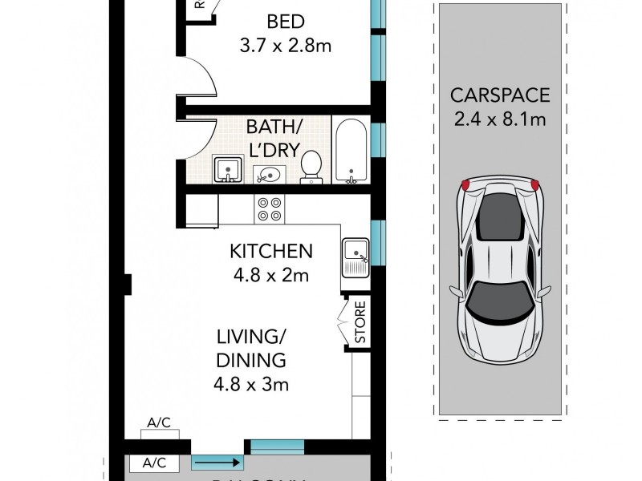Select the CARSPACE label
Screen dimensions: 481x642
point(499,96)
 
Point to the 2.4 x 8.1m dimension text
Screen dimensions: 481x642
point(499,120)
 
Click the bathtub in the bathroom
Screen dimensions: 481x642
point(350,150)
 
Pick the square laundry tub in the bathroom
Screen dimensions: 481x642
point(227,169)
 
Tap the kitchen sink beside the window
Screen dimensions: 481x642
point(355,257)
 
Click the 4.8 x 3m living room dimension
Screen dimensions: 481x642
point(250,384)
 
